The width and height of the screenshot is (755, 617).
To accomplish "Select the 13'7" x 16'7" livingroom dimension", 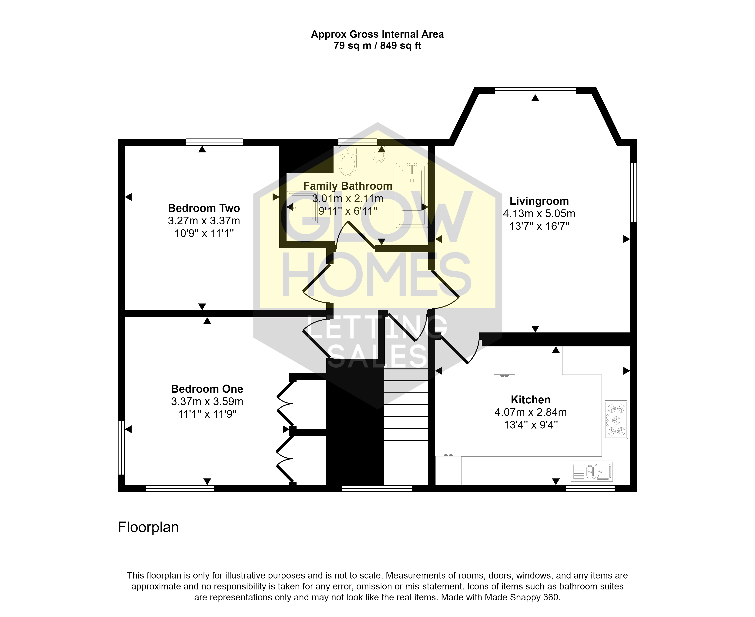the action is tap(539, 226).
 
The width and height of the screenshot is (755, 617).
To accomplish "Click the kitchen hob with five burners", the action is tap(616, 420).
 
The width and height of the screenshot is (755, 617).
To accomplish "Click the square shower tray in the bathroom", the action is tap(303, 207).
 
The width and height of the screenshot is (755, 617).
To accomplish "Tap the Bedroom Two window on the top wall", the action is tap(214, 142).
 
